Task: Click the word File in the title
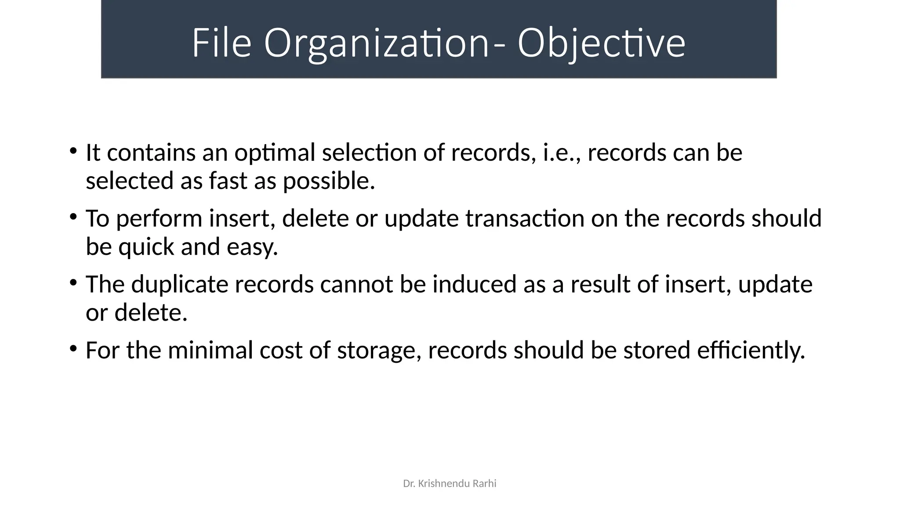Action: tap(221, 43)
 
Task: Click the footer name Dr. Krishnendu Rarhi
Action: tap(450, 484)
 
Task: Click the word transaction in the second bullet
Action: tap(525, 219)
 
